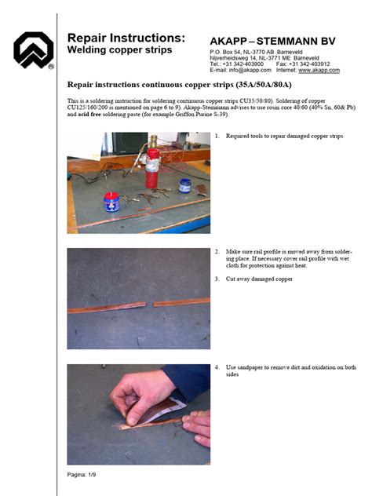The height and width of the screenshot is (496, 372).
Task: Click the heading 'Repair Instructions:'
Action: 126,38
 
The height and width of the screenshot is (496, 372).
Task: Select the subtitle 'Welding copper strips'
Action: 119,50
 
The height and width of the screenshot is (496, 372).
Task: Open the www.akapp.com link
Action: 319,70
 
